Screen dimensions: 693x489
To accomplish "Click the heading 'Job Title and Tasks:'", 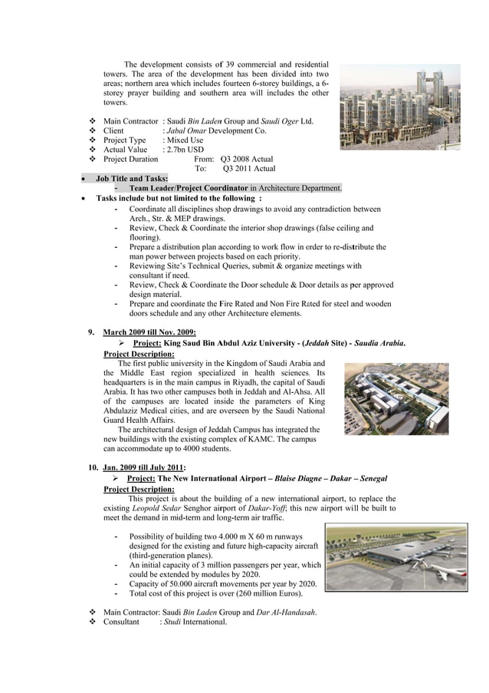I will click(132, 178).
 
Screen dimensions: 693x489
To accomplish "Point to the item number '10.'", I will click(90, 467).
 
